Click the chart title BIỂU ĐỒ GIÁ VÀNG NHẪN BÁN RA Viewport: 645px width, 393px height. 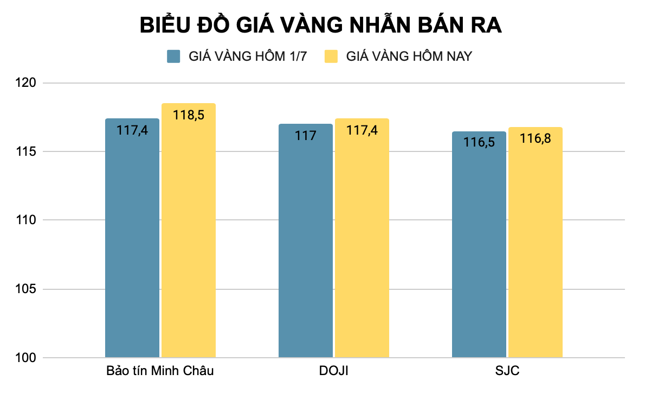[321, 26]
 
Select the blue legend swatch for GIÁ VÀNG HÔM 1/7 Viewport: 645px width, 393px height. [173, 56]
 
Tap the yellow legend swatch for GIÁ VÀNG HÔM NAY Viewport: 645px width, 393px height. [331, 56]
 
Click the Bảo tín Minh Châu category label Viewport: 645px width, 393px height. [160, 372]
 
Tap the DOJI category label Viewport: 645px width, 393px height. [334, 372]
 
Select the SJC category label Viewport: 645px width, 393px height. [507, 372]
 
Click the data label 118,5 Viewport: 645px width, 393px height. [188, 115]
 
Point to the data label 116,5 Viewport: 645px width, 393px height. [479, 142]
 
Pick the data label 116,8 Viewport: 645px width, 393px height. [535, 138]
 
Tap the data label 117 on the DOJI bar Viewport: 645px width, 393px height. [306, 135]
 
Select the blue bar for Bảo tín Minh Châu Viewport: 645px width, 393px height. [132, 244]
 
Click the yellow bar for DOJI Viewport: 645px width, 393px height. [362, 244]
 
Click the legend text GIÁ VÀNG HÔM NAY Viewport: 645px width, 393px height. [409, 56]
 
